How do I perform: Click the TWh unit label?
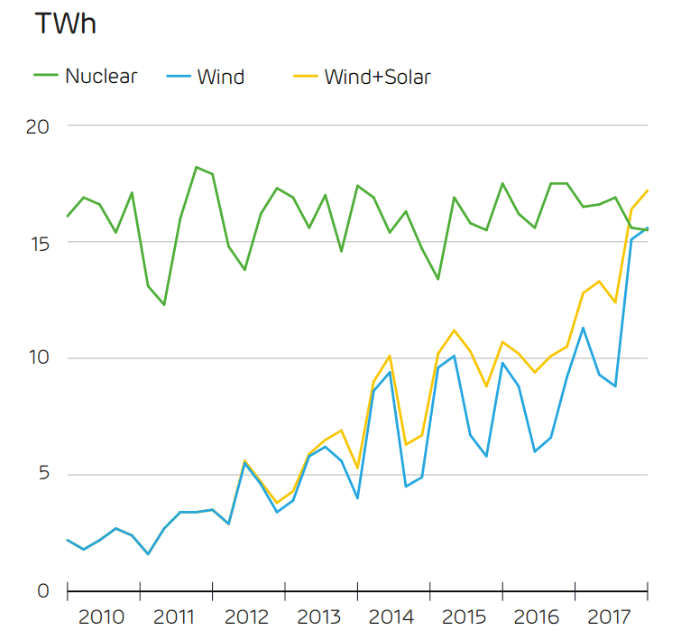coord(65,24)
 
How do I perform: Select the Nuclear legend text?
coord(101,76)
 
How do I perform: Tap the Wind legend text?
coord(220,77)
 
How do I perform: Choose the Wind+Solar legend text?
coord(377,77)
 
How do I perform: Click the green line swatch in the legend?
coord(47,76)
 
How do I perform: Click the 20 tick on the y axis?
coord(37,126)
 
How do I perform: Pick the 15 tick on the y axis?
coord(37,243)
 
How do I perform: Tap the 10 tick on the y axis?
coord(37,358)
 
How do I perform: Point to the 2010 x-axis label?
coord(101,617)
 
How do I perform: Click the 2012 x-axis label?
coord(246,617)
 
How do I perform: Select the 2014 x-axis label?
coord(391,617)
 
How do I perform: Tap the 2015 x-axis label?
coord(465,617)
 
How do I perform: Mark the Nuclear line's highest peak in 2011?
coord(197,167)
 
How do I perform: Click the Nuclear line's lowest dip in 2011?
coord(164,305)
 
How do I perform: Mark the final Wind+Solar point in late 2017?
coord(648,190)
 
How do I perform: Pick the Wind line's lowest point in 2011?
coord(148,553)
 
